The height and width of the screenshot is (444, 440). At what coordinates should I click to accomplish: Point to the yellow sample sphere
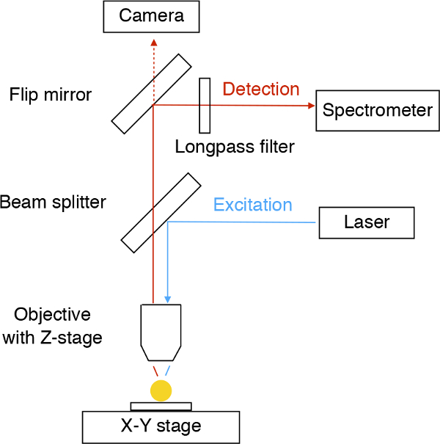(x=161, y=390)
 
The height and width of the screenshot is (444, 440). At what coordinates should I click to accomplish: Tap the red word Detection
(x=261, y=89)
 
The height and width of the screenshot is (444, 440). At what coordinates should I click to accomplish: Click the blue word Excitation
(x=253, y=205)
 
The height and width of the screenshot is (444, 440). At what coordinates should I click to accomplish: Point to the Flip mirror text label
(x=51, y=95)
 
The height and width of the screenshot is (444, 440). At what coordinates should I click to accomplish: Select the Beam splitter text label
(x=53, y=203)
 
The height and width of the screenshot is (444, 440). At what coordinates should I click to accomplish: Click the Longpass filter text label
(x=235, y=147)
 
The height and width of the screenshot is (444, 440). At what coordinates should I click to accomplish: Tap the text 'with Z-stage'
(x=52, y=338)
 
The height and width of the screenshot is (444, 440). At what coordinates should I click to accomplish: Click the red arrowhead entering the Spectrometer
(x=311, y=106)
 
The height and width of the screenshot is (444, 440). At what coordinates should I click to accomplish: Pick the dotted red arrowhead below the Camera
(x=154, y=43)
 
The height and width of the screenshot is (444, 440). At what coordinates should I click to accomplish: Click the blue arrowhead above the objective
(x=167, y=299)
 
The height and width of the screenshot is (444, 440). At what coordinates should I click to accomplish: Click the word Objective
(x=52, y=315)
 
